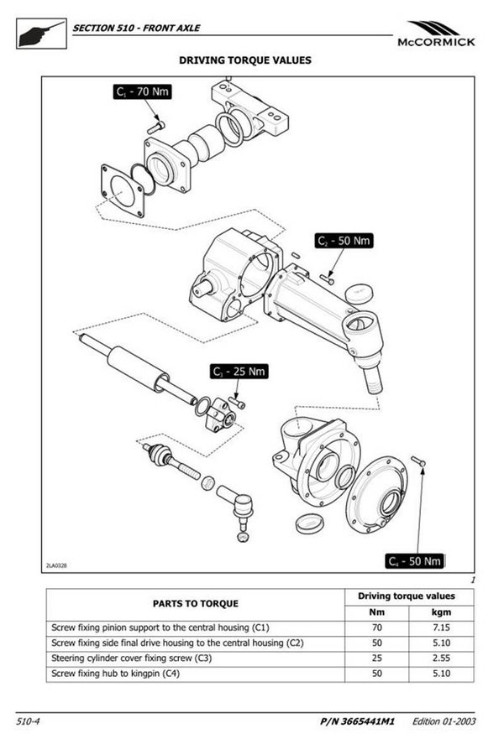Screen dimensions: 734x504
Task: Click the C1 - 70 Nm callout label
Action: point(143,92)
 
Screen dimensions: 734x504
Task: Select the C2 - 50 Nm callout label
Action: point(344,241)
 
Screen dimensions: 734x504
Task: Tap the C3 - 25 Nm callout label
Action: point(239,370)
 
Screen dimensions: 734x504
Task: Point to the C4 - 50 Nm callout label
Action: point(414,560)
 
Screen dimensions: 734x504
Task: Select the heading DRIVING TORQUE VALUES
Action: point(245,60)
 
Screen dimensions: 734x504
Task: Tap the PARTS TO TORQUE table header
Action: point(195,603)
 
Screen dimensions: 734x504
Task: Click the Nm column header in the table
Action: point(376,612)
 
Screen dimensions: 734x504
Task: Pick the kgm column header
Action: point(442,612)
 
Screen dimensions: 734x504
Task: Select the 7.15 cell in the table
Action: point(442,627)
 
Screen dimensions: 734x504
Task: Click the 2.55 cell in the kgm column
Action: point(442,658)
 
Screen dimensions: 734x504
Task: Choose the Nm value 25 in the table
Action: point(376,658)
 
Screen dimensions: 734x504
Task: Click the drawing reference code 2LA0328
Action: point(59,565)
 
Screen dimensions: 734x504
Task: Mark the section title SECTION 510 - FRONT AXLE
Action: point(136,27)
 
